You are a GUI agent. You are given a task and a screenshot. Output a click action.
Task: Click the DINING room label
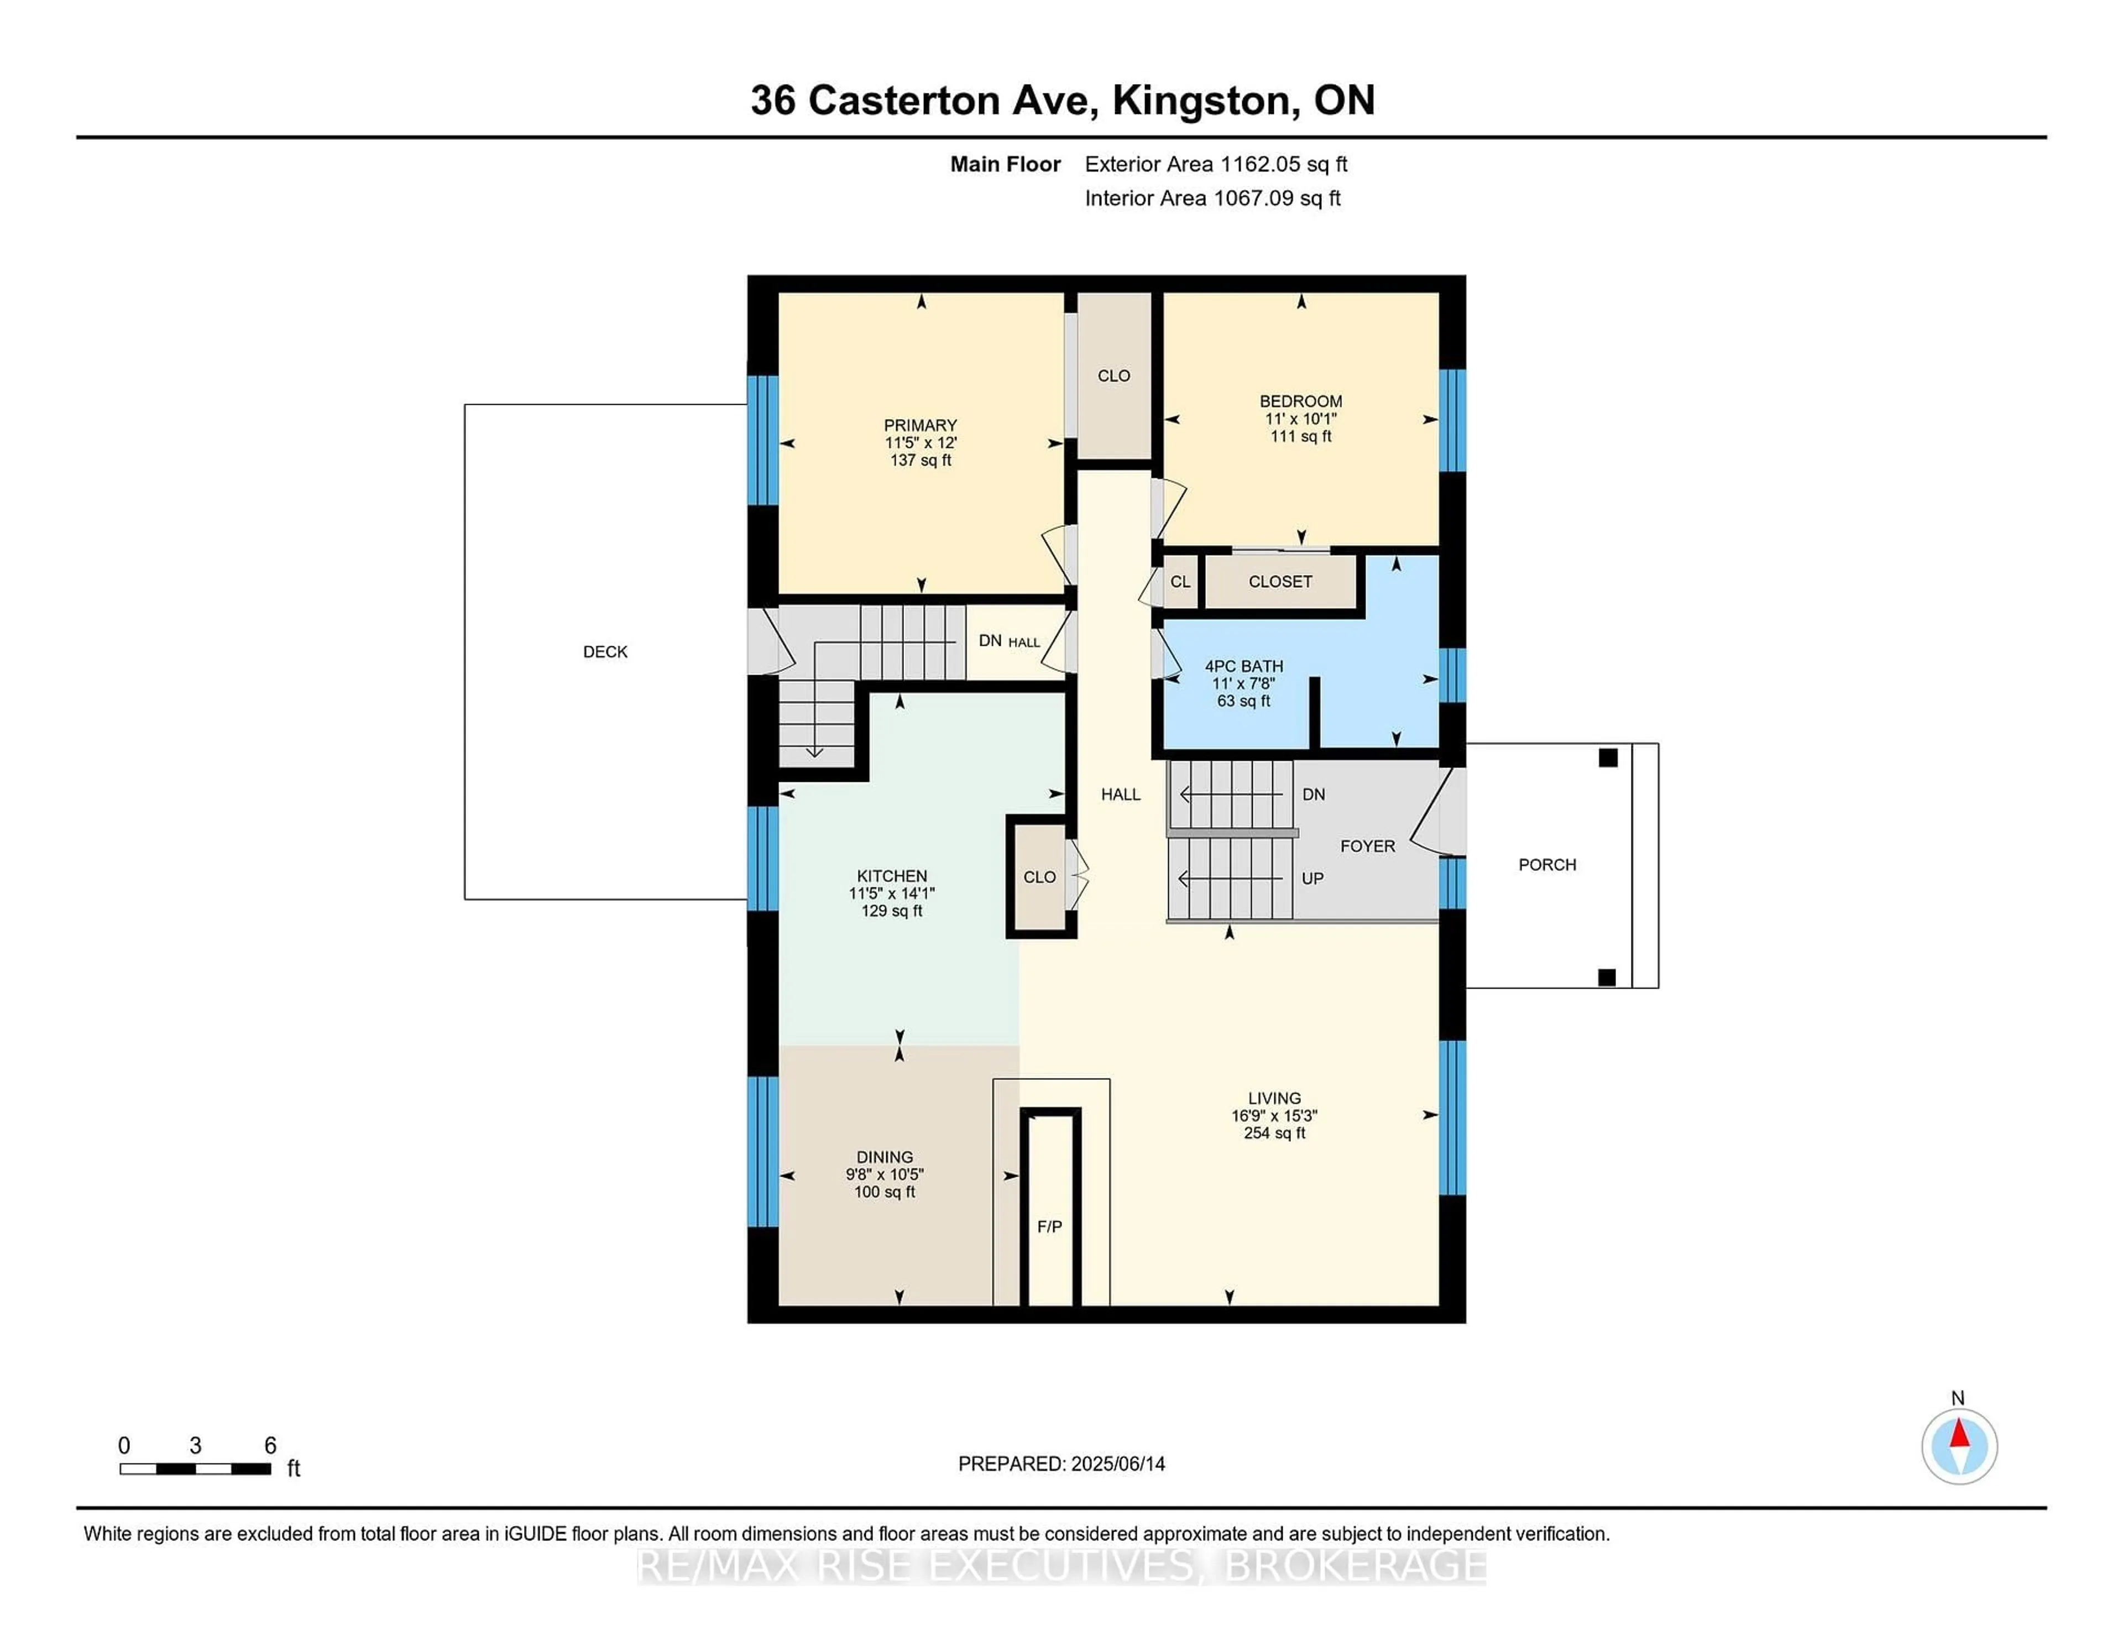tap(885, 1157)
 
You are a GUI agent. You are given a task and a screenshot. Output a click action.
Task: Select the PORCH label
tap(1547, 864)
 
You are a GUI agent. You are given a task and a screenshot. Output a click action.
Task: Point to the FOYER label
tap(1368, 846)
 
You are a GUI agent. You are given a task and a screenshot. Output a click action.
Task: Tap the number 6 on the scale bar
tap(270, 1446)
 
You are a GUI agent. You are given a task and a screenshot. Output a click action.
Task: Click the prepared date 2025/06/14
tap(1118, 1464)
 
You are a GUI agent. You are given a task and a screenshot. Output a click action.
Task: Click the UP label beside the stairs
tap(1313, 879)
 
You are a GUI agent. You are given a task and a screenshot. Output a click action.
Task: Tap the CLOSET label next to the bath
tap(1280, 581)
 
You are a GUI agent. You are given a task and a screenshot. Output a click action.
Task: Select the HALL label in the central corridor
tap(1121, 795)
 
